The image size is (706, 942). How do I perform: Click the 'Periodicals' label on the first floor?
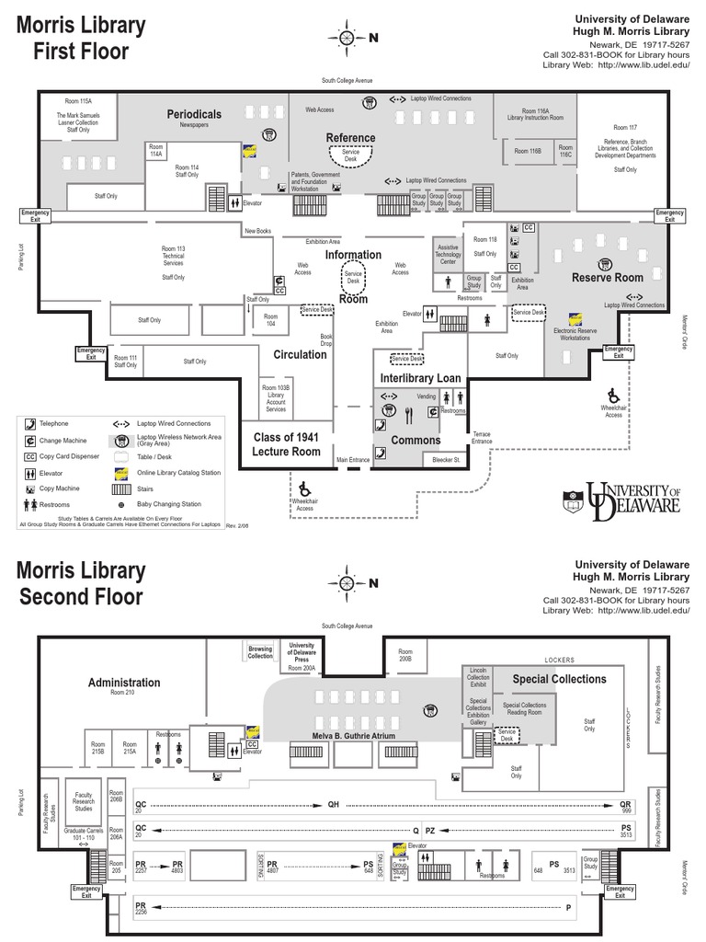point(194,114)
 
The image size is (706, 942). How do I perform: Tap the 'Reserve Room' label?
point(607,278)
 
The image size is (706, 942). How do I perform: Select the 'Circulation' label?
point(300,354)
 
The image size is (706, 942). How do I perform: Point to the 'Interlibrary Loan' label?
point(420,378)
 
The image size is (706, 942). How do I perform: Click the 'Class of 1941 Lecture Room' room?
point(286,444)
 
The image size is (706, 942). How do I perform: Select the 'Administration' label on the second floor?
point(124,683)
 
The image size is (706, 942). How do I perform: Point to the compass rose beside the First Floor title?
point(347,38)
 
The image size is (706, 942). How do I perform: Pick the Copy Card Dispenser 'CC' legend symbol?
point(29,456)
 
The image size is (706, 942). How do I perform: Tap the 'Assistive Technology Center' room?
point(448,253)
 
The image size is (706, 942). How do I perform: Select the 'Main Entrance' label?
point(352,460)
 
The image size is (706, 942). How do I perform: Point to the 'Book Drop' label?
point(325,340)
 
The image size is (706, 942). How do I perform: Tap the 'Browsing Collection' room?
point(260,652)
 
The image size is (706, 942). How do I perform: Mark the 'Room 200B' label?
point(405,656)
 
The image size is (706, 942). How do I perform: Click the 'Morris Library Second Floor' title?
point(81,583)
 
